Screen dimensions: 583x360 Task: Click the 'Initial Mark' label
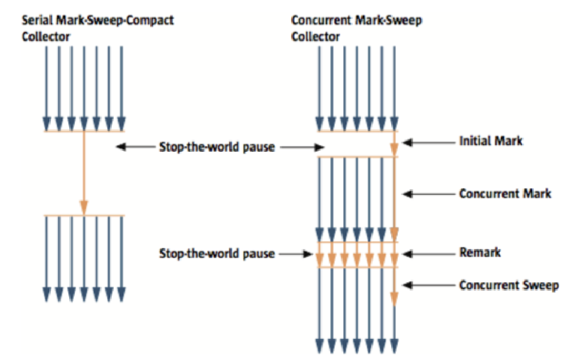pos(491,141)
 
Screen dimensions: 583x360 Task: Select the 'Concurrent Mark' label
pos(505,194)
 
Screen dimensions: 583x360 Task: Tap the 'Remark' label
pos(480,253)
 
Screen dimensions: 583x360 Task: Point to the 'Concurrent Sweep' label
pos(509,285)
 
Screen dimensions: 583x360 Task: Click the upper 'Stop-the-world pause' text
pos(217,147)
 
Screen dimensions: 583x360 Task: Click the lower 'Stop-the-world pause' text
pos(217,254)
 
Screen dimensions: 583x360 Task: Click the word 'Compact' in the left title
pos(153,21)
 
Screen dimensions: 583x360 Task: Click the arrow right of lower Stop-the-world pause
pos(296,254)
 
